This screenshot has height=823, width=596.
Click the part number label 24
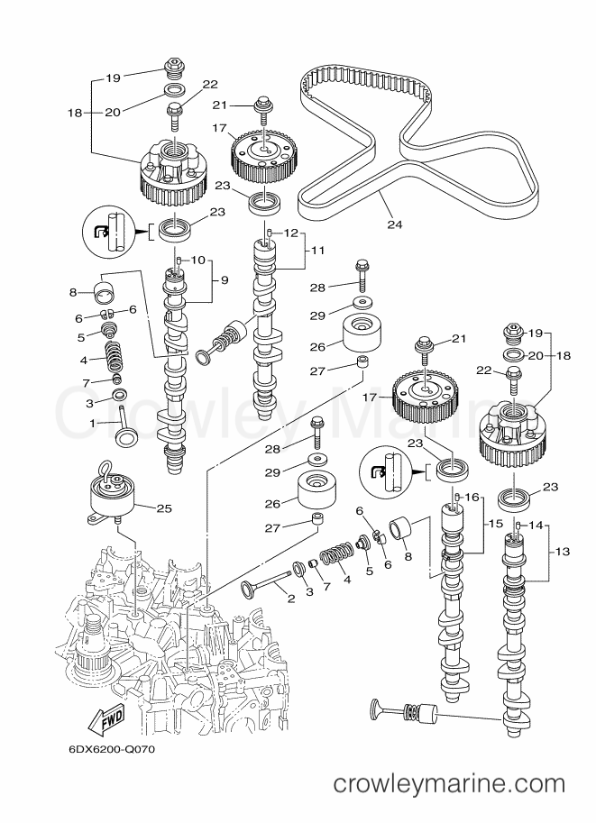[x=394, y=224]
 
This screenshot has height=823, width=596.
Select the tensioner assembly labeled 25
[x=112, y=494]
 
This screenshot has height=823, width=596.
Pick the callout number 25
[x=164, y=508]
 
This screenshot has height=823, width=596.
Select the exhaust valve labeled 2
[x=266, y=582]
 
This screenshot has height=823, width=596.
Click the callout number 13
[x=562, y=551]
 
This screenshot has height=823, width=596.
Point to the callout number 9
[x=225, y=280]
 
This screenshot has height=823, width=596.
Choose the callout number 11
[x=317, y=251]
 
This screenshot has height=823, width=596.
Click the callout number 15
[x=496, y=524]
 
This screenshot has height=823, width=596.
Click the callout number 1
[x=92, y=423]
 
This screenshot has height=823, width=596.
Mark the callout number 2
[x=291, y=598]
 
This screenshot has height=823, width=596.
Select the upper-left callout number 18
[x=75, y=113]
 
